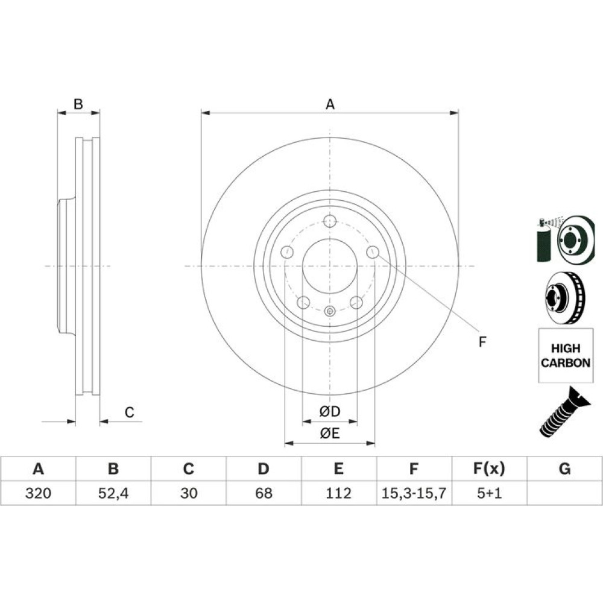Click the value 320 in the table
pyautogui.click(x=38, y=493)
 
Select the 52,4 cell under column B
pyautogui.click(x=113, y=493)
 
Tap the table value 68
pyautogui.click(x=264, y=493)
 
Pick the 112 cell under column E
pyautogui.click(x=338, y=493)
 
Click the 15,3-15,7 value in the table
pyautogui.click(x=414, y=493)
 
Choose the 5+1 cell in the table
pyautogui.click(x=489, y=493)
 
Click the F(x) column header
pyautogui.click(x=489, y=469)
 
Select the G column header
pyautogui.click(x=564, y=469)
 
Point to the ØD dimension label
pyautogui.click(x=330, y=411)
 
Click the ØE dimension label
pyautogui.click(x=330, y=434)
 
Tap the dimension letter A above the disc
pyautogui.click(x=330, y=104)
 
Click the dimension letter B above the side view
pyautogui.click(x=78, y=104)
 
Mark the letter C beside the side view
pyautogui.click(x=129, y=412)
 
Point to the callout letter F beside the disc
pyautogui.click(x=482, y=341)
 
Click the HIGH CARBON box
pyautogui.click(x=566, y=355)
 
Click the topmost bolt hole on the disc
pyautogui.click(x=330, y=221)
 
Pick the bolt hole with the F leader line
pyautogui.click(x=373, y=252)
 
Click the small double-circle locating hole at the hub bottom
pyautogui.click(x=330, y=311)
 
